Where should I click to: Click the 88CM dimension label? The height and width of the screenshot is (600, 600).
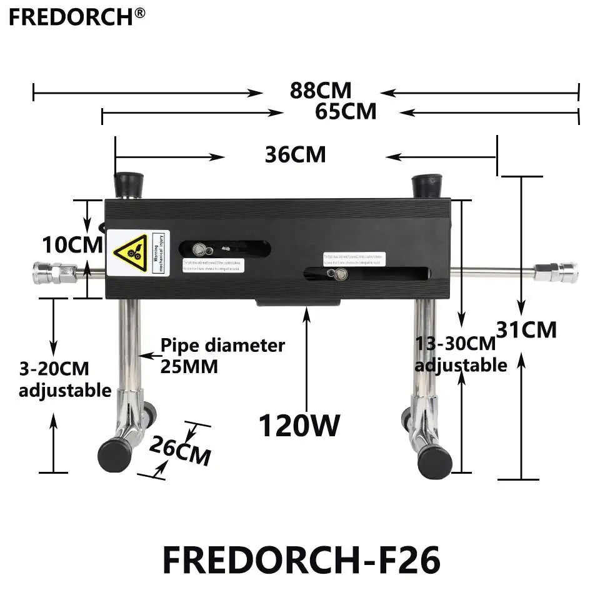point(321,90)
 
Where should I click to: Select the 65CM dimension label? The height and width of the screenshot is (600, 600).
point(346,111)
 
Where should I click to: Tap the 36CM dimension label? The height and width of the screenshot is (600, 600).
point(296,154)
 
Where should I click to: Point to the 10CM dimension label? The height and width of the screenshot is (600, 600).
point(72,244)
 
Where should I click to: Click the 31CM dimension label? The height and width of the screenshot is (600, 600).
point(526,329)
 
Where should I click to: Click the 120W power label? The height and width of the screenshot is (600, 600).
point(299,426)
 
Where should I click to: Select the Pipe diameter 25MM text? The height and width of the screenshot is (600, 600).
point(222,356)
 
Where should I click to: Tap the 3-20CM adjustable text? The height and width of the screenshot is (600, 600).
point(64,379)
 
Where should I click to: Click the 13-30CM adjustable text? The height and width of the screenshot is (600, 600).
point(461,354)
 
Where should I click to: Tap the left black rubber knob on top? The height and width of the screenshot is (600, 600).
point(128,185)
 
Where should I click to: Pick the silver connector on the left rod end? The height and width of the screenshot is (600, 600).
point(54,272)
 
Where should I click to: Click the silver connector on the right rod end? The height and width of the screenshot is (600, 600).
point(556,272)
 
